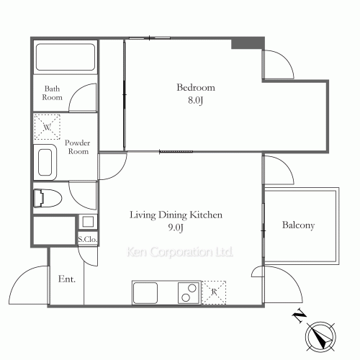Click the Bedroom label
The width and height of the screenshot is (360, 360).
pyautogui.click(x=196, y=87)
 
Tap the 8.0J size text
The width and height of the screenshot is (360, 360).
pyautogui.click(x=196, y=100)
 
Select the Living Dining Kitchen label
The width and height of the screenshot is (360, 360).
pyautogui.click(x=176, y=215)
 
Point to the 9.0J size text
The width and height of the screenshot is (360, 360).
pyautogui.click(x=176, y=228)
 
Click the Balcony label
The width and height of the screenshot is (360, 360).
pyautogui.click(x=298, y=225)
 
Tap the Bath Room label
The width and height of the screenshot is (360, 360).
pyautogui.click(x=52, y=93)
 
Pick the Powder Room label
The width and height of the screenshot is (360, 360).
pyautogui.click(x=77, y=147)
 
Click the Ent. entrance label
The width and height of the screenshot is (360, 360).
pyautogui.click(x=67, y=279)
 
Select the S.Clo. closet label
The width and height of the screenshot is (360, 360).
pyautogui.click(x=88, y=239)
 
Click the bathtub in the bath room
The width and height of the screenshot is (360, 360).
pyautogui.click(x=66, y=57)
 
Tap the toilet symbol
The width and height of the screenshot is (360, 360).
pyautogui.click(x=48, y=198)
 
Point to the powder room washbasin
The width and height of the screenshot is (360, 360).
pyautogui.click(x=45, y=162)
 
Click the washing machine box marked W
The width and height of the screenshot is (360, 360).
pyautogui.click(x=47, y=127)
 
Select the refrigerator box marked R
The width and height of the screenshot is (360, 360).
pyautogui.click(x=214, y=292)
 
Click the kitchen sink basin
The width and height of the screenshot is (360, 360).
pyautogui.click(x=145, y=293)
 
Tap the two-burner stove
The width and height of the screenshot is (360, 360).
pyautogui.click(x=189, y=293)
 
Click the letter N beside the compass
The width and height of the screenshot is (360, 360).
pyautogui.click(x=299, y=317)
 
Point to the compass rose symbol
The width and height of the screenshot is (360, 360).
pyautogui.click(x=320, y=337)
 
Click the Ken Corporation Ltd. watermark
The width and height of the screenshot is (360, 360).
pyautogui.click(x=179, y=252)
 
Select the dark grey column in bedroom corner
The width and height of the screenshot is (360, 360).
pyautogui.click(x=248, y=43)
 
